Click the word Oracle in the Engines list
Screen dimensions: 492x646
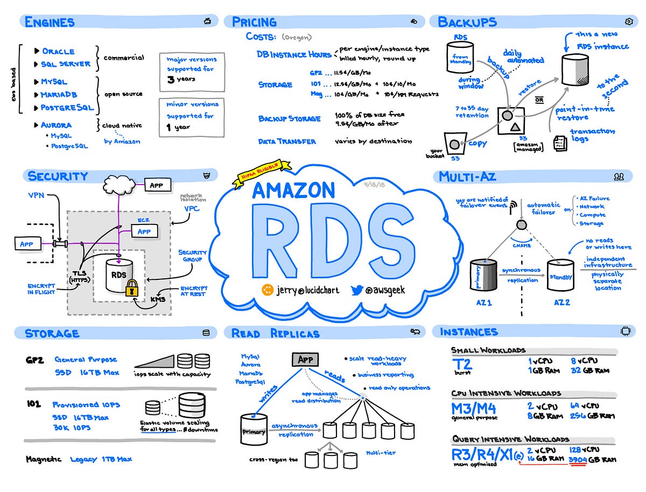(x=58, y=51)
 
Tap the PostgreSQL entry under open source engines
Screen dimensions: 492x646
(x=67, y=107)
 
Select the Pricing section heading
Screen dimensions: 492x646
(x=254, y=22)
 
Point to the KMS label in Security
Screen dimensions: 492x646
(x=157, y=299)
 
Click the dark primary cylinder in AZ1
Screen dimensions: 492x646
(x=483, y=276)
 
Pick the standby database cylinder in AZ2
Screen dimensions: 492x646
(x=561, y=276)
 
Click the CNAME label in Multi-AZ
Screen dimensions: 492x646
(x=522, y=245)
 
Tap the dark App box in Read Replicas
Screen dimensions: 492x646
(x=305, y=360)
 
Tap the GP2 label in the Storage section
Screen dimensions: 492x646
(x=34, y=359)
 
